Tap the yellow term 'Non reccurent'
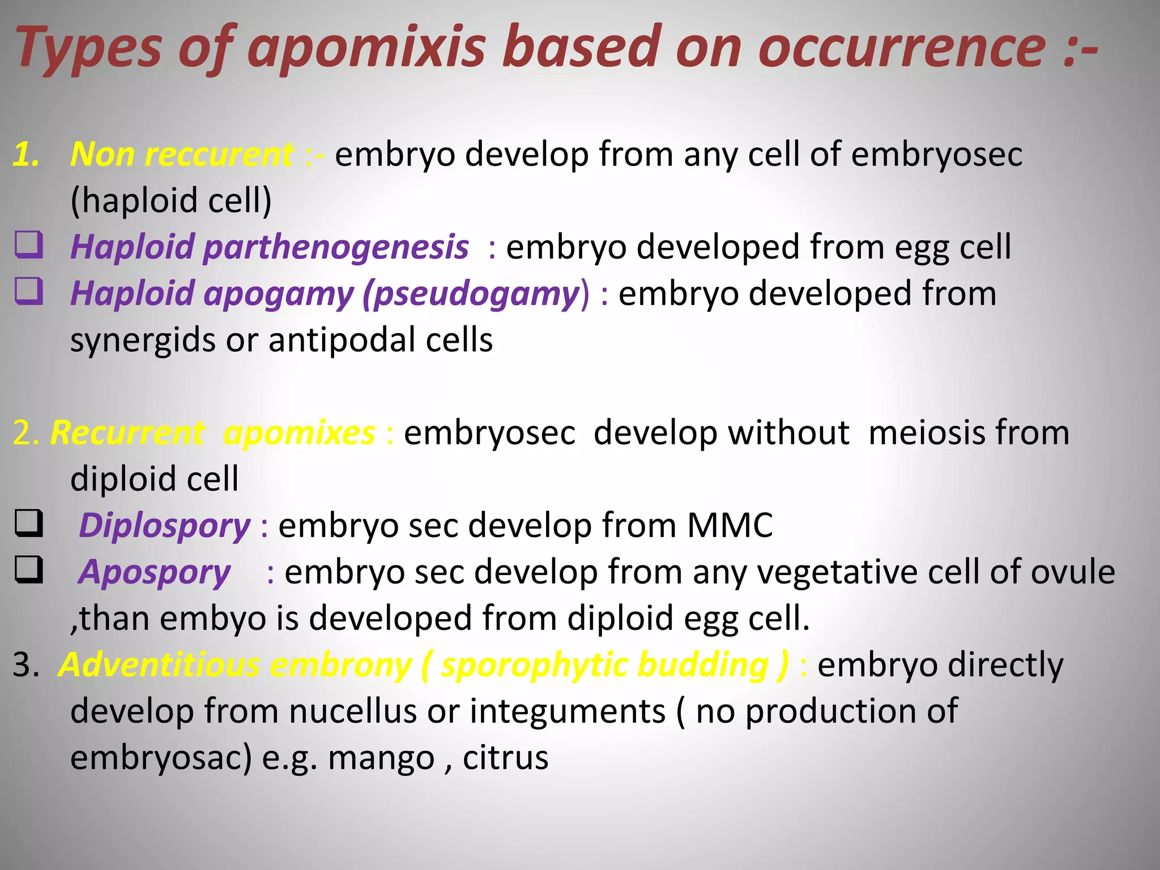[x=181, y=154]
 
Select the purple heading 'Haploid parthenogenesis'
[x=270, y=247]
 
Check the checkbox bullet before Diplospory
[x=28, y=523]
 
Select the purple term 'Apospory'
[x=155, y=572]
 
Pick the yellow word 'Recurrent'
[x=127, y=433]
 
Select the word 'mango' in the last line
[x=381, y=758]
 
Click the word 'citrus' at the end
[x=505, y=758]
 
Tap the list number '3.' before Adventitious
[x=26, y=665]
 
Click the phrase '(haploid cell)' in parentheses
[x=171, y=201]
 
